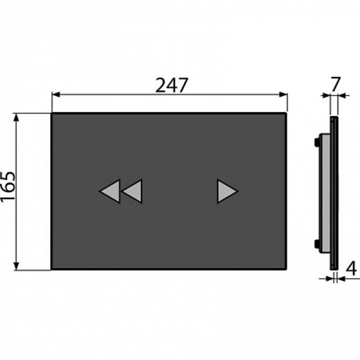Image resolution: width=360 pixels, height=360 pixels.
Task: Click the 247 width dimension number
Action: (172, 85)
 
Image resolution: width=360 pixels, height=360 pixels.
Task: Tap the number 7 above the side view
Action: (336, 85)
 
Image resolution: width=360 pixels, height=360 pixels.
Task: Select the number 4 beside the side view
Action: (351, 269)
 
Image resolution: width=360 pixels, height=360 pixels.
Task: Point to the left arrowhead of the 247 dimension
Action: (56, 94)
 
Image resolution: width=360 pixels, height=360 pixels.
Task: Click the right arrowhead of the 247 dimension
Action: (283, 94)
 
